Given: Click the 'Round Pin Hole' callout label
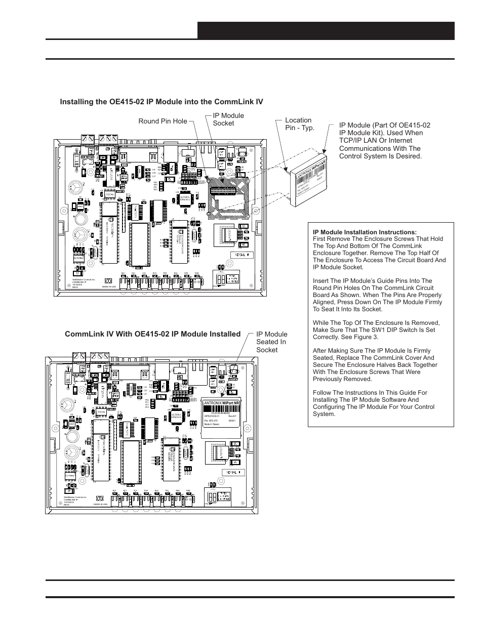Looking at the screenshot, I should (x=162, y=121).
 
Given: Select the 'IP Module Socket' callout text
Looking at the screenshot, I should (x=228, y=119).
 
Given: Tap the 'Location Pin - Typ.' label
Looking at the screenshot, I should (x=299, y=123).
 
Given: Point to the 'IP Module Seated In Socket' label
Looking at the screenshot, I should (x=271, y=342).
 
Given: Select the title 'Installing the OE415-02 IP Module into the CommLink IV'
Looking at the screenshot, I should (x=162, y=102).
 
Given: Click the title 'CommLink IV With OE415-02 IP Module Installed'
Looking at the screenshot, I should (x=152, y=334).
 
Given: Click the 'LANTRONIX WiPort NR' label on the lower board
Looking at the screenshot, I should (x=221, y=403).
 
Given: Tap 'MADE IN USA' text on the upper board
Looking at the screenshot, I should (x=109, y=286).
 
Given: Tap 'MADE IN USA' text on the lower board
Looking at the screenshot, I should (x=100, y=505).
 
